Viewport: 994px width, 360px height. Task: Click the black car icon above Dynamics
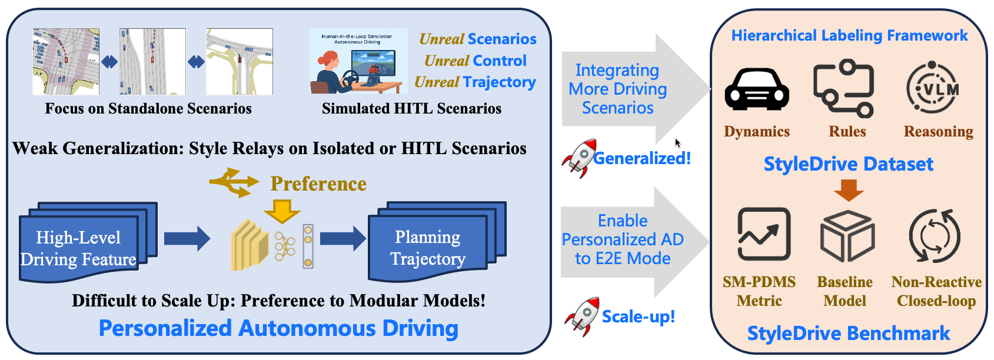[756, 90]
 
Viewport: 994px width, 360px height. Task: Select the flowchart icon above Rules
[845, 88]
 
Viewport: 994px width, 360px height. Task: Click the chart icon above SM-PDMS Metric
[763, 234]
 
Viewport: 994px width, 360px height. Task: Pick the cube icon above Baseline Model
[847, 236]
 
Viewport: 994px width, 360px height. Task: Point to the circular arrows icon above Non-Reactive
[935, 236]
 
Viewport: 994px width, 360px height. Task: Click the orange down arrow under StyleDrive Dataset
[849, 189]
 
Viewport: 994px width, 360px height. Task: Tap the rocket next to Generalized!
[579, 158]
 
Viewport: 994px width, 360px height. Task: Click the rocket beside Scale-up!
[582, 316]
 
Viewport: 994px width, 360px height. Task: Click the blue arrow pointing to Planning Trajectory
[343, 238]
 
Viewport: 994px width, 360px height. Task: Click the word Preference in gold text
[318, 184]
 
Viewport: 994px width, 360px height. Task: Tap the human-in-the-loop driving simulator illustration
[358, 61]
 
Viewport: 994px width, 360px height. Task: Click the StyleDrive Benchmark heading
[848, 334]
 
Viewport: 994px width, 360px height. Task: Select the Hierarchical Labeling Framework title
[849, 36]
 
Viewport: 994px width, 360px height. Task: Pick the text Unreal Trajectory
[475, 82]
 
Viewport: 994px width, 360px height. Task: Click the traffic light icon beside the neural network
[308, 246]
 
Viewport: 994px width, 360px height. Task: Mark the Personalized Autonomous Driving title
[278, 328]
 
